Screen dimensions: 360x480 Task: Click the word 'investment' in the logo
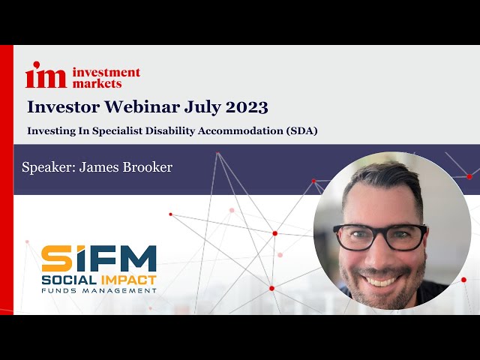106,73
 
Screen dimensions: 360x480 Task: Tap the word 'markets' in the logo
97,83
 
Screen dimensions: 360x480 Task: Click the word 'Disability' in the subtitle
168,130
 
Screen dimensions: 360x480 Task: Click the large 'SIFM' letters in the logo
98,258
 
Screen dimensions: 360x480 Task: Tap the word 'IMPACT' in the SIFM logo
127,279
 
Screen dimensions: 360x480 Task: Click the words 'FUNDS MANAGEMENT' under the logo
98,290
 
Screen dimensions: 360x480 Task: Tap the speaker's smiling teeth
382,280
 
